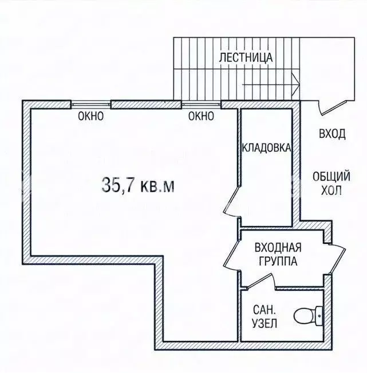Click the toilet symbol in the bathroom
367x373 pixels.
(309, 316)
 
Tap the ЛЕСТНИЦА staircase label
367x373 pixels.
(246, 57)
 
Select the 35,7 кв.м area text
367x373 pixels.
(138, 185)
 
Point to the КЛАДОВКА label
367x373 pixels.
(266, 147)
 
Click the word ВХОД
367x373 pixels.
(332, 134)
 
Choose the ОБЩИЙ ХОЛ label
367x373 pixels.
(332, 183)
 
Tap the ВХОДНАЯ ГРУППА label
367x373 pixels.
(278, 254)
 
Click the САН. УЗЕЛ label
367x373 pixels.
(265, 317)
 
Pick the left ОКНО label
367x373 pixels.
(91, 116)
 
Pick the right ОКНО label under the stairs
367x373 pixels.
(201, 116)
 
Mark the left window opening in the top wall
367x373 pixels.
(91, 104)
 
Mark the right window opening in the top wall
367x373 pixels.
(201, 104)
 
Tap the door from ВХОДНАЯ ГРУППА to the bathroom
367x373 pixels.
(259, 281)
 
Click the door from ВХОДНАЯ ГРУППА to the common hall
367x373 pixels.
(338, 259)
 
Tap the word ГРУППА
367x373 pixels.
(278, 261)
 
